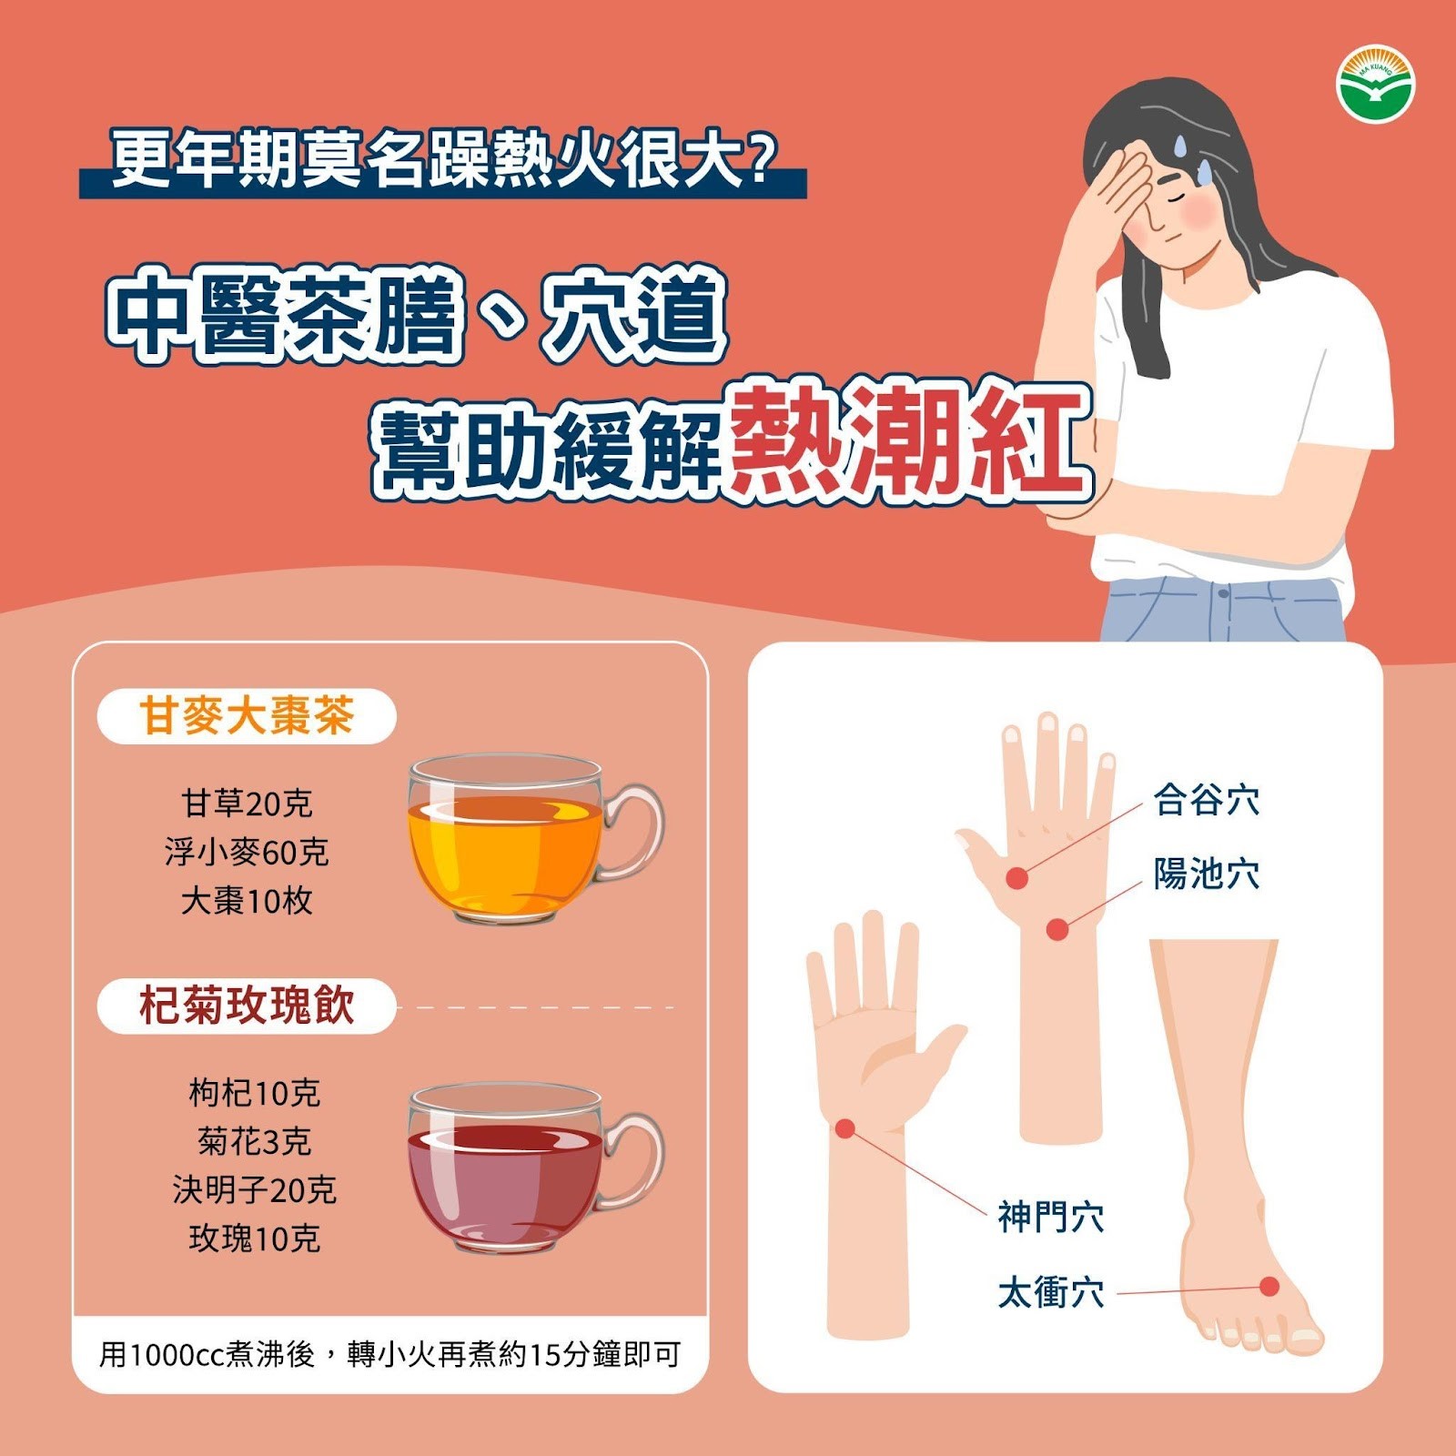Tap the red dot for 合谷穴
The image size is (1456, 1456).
1016,878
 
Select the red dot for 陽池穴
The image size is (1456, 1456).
1057,929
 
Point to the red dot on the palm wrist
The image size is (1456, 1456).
844,1128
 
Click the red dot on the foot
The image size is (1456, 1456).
1269,1286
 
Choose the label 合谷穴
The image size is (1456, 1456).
1206,800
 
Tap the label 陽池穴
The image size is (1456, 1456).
1206,874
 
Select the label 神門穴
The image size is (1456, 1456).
1050,1217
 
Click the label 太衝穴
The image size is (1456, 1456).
1050,1292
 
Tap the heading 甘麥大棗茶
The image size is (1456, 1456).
247,715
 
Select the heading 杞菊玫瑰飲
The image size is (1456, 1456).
247,1006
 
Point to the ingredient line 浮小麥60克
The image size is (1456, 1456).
247,852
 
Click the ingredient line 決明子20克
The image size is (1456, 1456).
255,1189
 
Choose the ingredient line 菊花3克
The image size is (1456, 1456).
255,1141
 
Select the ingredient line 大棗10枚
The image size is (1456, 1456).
247,901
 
